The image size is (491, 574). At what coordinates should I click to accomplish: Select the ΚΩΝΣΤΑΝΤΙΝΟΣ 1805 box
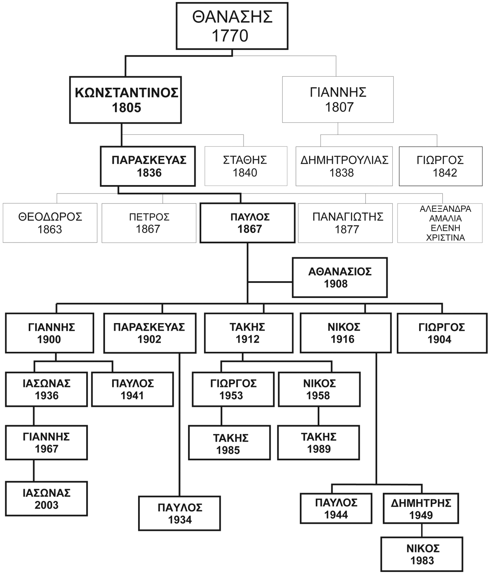click(x=126, y=100)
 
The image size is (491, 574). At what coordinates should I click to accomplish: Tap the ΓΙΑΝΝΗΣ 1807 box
click(x=338, y=100)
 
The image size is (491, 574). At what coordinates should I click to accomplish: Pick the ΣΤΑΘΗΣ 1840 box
click(x=245, y=166)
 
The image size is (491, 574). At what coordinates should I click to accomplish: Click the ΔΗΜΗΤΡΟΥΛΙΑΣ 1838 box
click(x=344, y=166)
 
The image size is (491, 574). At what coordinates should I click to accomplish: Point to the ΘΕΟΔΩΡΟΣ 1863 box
click(x=50, y=223)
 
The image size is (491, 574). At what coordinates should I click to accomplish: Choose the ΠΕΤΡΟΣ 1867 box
click(x=148, y=223)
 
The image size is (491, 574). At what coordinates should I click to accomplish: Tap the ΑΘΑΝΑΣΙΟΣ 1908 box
click(x=339, y=278)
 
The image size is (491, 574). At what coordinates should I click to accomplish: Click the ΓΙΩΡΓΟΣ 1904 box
click(x=442, y=333)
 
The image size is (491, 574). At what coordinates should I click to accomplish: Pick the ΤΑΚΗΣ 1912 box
click(x=248, y=333)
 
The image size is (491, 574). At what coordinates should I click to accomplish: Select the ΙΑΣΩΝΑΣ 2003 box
click(x=46, y=499)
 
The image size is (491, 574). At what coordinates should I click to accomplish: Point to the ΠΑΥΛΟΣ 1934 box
click(x=180, y=513)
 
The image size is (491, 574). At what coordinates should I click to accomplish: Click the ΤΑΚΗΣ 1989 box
click(x=319, y=443)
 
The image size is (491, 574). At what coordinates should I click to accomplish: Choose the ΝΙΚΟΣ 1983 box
click(x=422, y=554)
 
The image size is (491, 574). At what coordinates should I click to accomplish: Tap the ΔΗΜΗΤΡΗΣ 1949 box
click(x=421, y=509)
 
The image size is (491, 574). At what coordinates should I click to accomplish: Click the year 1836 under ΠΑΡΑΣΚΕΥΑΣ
click(x=148, y=173)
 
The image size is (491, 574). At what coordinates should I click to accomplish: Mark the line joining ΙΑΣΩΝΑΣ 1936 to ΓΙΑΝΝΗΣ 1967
click(x=34, y=416)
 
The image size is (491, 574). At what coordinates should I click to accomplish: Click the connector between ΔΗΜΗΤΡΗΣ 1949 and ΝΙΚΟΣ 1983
click(x=422, y=530)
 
